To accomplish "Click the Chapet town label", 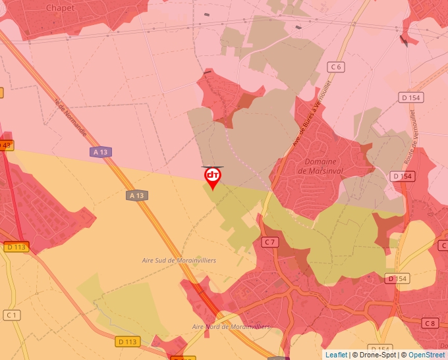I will click(x=60, y=7).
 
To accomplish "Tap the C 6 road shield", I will click(x=337, y=66).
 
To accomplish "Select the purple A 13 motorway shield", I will click(x=100, y=152).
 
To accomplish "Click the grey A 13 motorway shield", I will click(x=136, y=195).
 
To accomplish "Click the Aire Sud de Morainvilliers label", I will click(x=179, y=261).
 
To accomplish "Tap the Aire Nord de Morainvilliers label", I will click(x=231, y=326).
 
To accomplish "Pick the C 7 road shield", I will click(x=269, y=242).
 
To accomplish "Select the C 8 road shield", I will click(x=430, y=322).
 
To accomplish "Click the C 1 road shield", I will click(x=11, y=315).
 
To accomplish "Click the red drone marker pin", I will click(x=213, y=176).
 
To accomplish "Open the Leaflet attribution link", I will click(x=336, y=355).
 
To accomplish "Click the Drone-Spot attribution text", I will click(x=376, y=355).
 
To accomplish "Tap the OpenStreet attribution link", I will click(x=426, y=355).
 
